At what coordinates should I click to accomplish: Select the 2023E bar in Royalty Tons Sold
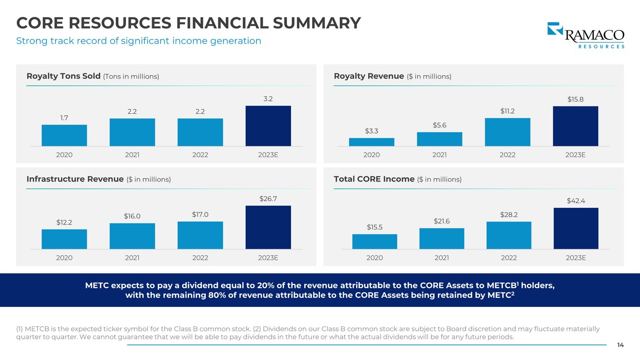click(x=268, y=126)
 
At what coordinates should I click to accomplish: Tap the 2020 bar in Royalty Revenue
click(x=371, y=142)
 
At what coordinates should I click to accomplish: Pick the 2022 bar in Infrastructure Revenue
click(x=200, y=235)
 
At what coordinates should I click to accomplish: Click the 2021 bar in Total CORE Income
click(x=442, y=238)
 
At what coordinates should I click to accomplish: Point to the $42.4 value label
click(x=576, y=201)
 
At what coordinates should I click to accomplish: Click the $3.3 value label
click(x=371, y=131)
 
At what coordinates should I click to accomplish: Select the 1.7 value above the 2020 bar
click(x=64, y=118)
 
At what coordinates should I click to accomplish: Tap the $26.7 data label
click(x=268, y=198)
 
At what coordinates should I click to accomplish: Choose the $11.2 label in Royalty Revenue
click(x=507, y=111)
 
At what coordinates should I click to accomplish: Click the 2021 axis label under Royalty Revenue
click(x=439, y=155)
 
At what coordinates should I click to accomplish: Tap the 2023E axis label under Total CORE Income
click(x=576, y=258)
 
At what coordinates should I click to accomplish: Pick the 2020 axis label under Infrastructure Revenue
click(x=64, y=258)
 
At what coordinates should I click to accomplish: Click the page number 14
click(x=620, y=345)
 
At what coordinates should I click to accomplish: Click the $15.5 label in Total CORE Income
click(x=375, y=227)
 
